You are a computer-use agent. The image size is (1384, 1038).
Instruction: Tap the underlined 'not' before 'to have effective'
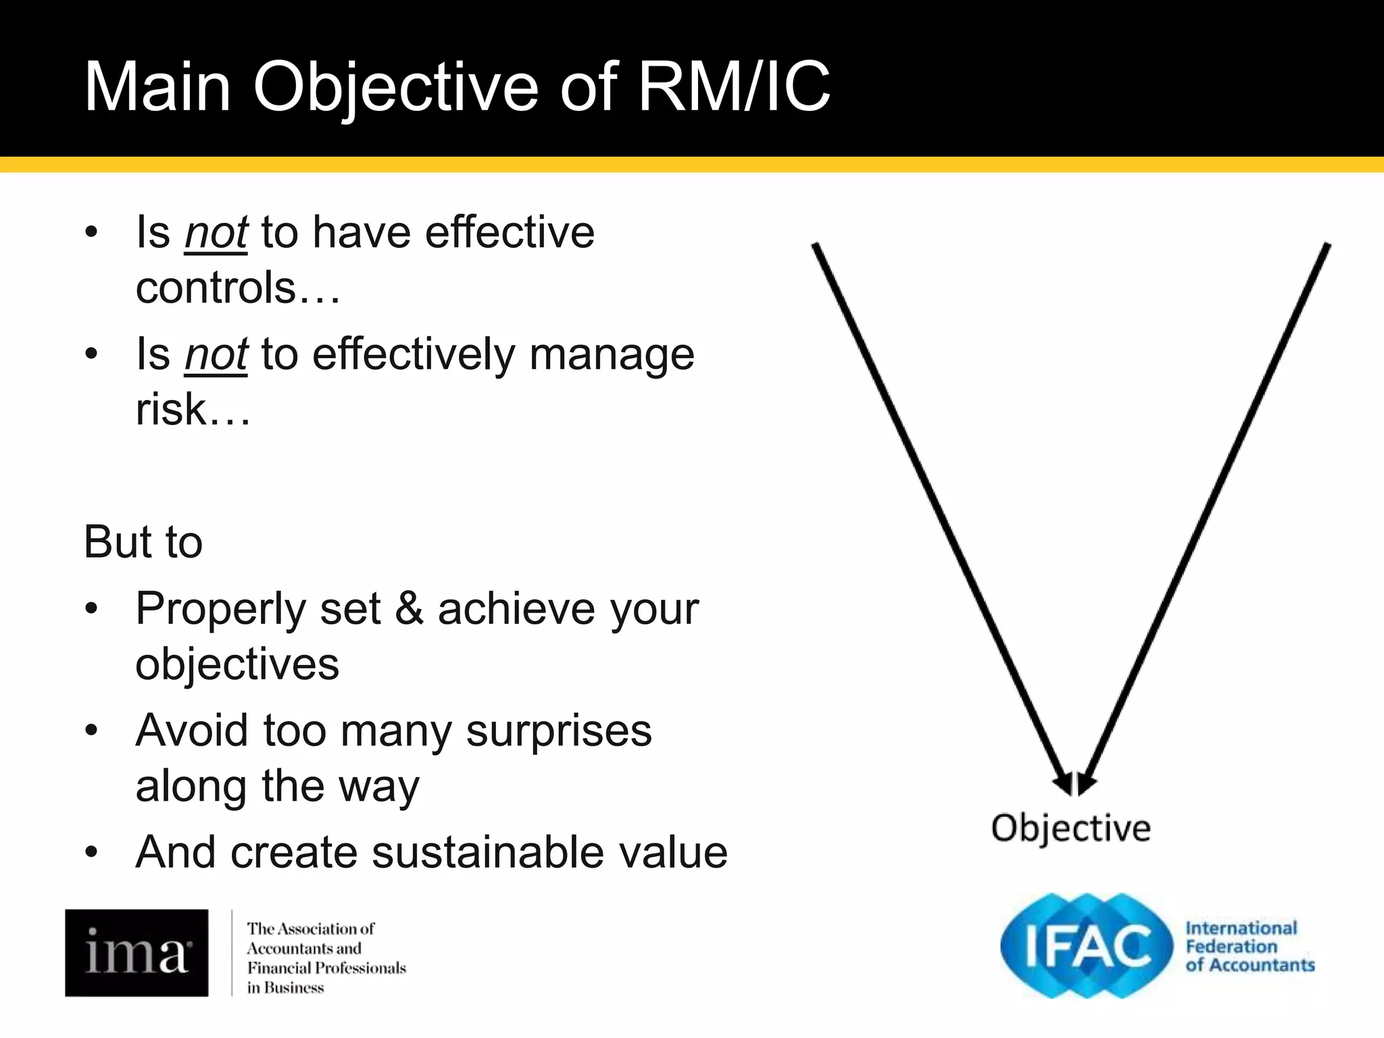[216, 232]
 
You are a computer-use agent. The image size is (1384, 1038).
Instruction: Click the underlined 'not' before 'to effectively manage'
[216, 354]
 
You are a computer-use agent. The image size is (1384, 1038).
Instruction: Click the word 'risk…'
[193, 410]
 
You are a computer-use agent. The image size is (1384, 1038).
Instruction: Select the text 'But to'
[143, 542]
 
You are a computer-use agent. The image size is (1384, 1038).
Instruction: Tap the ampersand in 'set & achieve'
[409, 608]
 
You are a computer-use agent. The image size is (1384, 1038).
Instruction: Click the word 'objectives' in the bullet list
[237, 664]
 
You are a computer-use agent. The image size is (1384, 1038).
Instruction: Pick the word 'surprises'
[559, 731]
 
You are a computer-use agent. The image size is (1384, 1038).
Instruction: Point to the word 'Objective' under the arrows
[1070, 829]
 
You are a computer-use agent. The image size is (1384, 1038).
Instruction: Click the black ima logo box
[137, 952]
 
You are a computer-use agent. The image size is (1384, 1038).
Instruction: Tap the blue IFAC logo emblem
[1087, 945]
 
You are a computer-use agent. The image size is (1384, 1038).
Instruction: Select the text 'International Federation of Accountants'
[1249, 946]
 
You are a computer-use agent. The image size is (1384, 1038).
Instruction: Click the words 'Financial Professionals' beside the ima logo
[326, 968]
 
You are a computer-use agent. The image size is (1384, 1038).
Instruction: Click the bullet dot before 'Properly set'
[92, 609]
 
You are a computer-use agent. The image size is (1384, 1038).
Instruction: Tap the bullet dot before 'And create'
[92, 852]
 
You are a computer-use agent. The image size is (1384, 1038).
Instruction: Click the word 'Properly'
[221, 610]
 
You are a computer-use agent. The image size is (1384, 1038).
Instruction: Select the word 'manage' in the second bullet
[612, 354]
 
